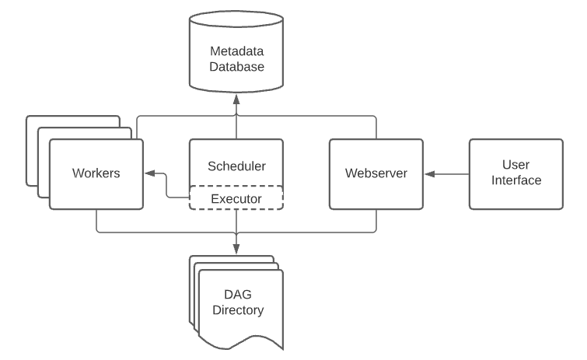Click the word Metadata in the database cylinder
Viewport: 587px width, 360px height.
coord(236,51)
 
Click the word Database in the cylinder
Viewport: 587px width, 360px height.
coord(236,67)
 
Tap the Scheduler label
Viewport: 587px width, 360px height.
coord(236,166)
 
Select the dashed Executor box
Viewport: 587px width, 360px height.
coord(236,197)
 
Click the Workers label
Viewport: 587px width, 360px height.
coord(96,173)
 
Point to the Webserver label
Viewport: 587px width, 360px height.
coord(376,173)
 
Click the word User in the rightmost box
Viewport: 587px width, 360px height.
coord(516,165)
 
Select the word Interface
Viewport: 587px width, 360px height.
coord(516,180)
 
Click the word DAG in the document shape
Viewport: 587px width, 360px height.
coord(238,295)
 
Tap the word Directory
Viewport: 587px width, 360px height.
coord(238,310)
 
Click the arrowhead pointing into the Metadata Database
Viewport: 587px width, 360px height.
coord(236,100)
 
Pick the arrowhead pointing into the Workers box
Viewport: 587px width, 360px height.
coord(150,173)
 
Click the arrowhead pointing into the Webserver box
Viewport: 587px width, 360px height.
coord(429,174)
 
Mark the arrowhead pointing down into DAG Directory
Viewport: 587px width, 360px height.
coord(236,250)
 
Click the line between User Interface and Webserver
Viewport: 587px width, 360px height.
coord(447,174)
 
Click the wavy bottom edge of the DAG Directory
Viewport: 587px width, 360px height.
coord(241,342)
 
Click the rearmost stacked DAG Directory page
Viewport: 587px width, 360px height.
coord(232,257)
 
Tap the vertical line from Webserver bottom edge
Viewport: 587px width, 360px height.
coord(376,221)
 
